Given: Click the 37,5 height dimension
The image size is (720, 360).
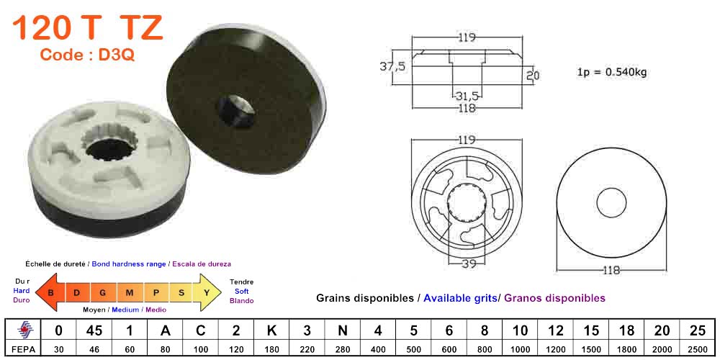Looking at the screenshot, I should coord(392,66).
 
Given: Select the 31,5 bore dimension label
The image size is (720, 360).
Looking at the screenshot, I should coord(467,95).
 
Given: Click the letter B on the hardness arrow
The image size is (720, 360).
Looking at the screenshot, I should coord(51,292).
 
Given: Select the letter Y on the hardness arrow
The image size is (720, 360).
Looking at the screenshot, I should coord(206,292).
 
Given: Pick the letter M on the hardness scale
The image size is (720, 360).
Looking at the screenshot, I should coord(129,292).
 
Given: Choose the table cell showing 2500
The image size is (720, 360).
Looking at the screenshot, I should coord(696,348).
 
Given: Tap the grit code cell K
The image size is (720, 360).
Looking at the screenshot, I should coord(271,330).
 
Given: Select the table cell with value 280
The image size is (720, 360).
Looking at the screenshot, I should coord(342,348).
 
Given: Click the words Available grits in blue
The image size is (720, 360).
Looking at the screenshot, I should coord(460,297).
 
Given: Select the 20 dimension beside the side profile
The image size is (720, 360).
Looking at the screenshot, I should coord(533,75).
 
